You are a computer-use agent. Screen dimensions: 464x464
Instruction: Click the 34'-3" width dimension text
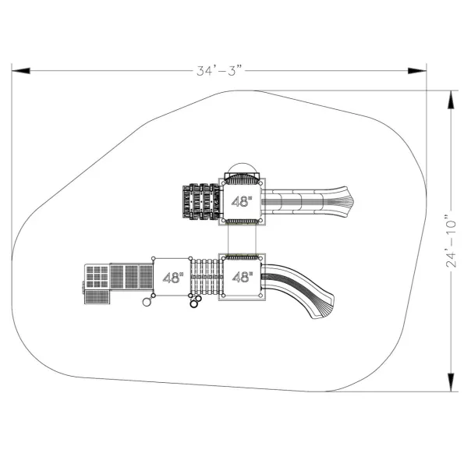220,71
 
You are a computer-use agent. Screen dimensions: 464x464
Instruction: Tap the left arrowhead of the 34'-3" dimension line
21,71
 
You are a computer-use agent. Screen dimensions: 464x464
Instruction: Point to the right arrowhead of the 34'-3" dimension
417,71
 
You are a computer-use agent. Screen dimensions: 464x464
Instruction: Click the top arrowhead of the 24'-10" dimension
451,100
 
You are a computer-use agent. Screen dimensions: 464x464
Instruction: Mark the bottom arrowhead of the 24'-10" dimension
451,382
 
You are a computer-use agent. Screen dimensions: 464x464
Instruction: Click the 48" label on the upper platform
242,202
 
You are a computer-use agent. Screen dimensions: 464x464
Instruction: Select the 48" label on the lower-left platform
173,278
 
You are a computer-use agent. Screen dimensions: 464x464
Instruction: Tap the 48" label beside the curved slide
243,278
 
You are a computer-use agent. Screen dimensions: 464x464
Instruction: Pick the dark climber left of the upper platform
201,201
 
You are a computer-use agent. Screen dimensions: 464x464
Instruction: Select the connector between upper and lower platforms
242,239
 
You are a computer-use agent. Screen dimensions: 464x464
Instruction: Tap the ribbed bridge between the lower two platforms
207,277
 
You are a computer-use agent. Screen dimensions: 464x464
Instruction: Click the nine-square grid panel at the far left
97,277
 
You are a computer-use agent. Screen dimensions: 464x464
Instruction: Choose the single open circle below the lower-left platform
147,302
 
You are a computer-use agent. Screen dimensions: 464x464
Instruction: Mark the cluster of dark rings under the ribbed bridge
196,301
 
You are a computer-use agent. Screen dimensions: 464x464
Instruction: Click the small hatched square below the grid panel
97,297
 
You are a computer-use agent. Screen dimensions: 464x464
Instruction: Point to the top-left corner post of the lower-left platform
154,258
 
